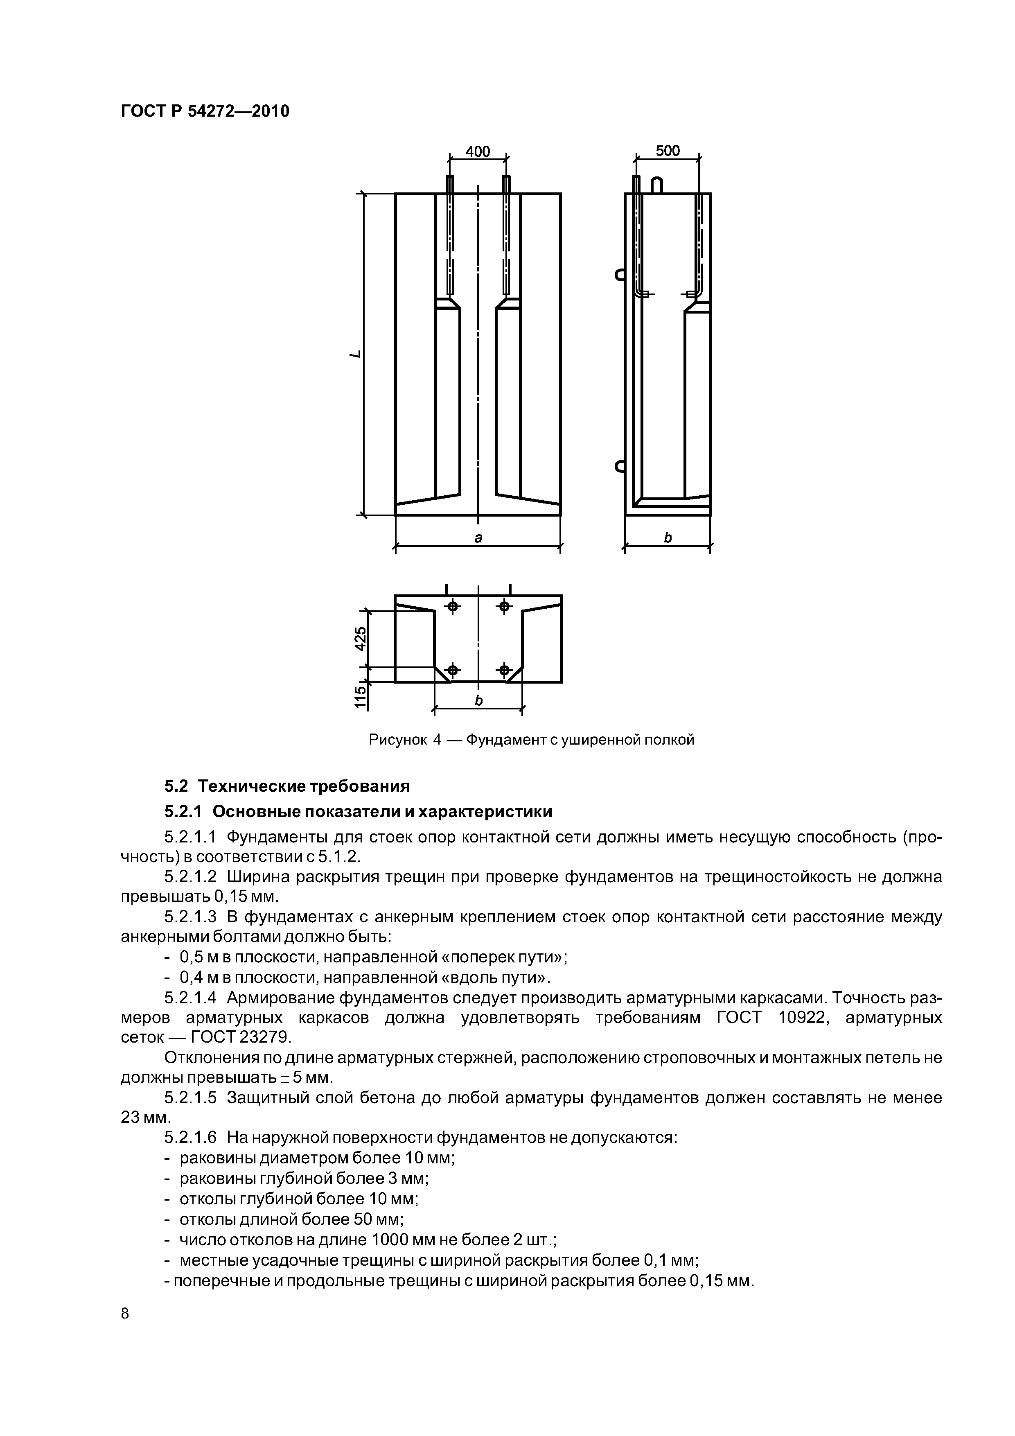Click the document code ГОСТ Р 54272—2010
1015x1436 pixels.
205,111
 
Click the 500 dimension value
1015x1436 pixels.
667,151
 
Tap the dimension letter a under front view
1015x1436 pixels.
478,537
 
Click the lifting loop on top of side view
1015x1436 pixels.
656,185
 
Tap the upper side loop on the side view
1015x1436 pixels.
620,275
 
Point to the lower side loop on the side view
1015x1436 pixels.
620,466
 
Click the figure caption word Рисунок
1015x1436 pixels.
398,740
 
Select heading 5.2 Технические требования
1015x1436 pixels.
287,786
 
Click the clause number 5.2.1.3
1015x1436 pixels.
190,917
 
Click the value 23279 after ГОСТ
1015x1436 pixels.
264,1038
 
